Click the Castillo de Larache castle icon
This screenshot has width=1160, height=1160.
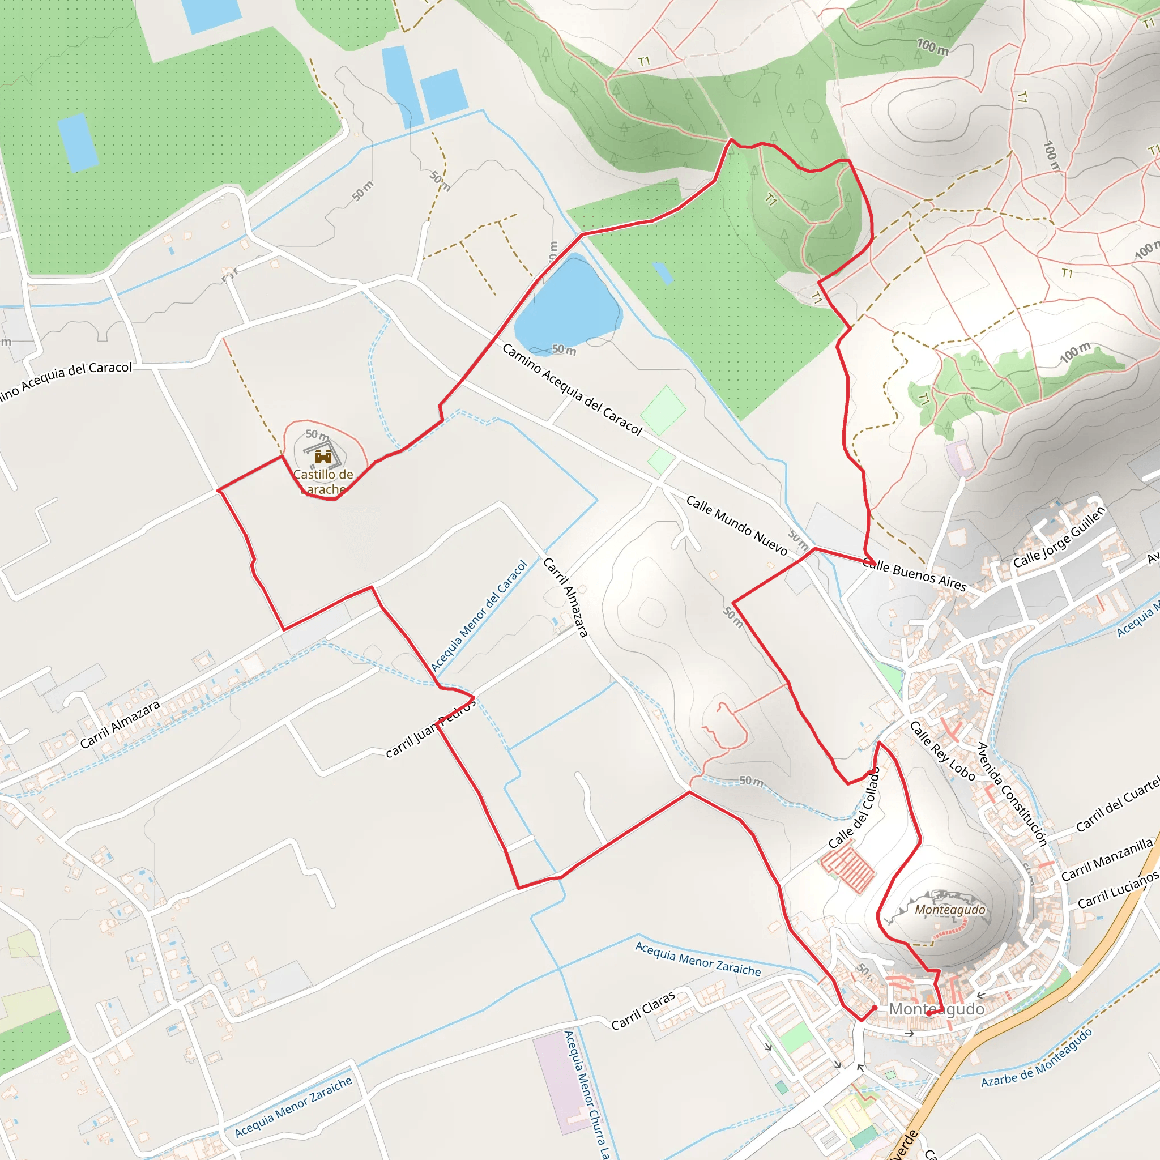[x=323, y=457]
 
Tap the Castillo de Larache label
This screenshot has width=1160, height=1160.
[x=323, y=481]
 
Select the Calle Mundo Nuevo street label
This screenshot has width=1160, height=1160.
[x=736, y=524]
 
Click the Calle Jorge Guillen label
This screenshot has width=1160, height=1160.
[x=1059, y=537]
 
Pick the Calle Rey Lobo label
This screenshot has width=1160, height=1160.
[x=942, y=750]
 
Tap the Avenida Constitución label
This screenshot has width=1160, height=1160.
[x=1012, y=794]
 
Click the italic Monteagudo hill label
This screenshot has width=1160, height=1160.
[x=950, y=910]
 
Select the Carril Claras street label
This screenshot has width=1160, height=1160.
[x=643, y=1010]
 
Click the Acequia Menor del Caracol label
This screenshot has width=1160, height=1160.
[x=479, y=616]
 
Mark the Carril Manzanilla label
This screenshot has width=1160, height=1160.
[x=1107, y=860]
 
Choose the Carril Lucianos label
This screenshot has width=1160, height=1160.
[x=1118, y=890]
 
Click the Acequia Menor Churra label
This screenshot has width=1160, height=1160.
[x=587, y=1094]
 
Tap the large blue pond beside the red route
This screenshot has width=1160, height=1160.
[x=568, y=305]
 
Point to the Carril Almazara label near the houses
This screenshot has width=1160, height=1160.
[x=120, y=724]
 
